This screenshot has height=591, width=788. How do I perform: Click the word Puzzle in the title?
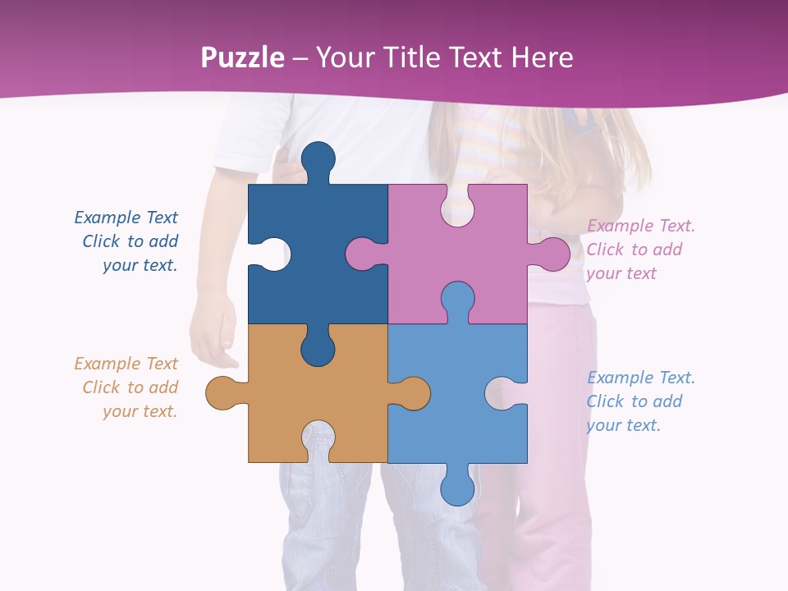pyautogui.click(x=243, y=57)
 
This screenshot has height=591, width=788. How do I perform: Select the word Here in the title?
pyautogui.click(x=542, y=57)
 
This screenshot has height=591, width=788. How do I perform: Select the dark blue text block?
pyautogui.click(x=127, y=241)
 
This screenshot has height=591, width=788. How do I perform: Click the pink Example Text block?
pyautogui.click(x=640, y=250)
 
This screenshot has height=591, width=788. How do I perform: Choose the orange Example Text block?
pyautogui.click(x=126, y=387)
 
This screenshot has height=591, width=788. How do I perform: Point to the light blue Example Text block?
pyautogui.click(x=640, y=401)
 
